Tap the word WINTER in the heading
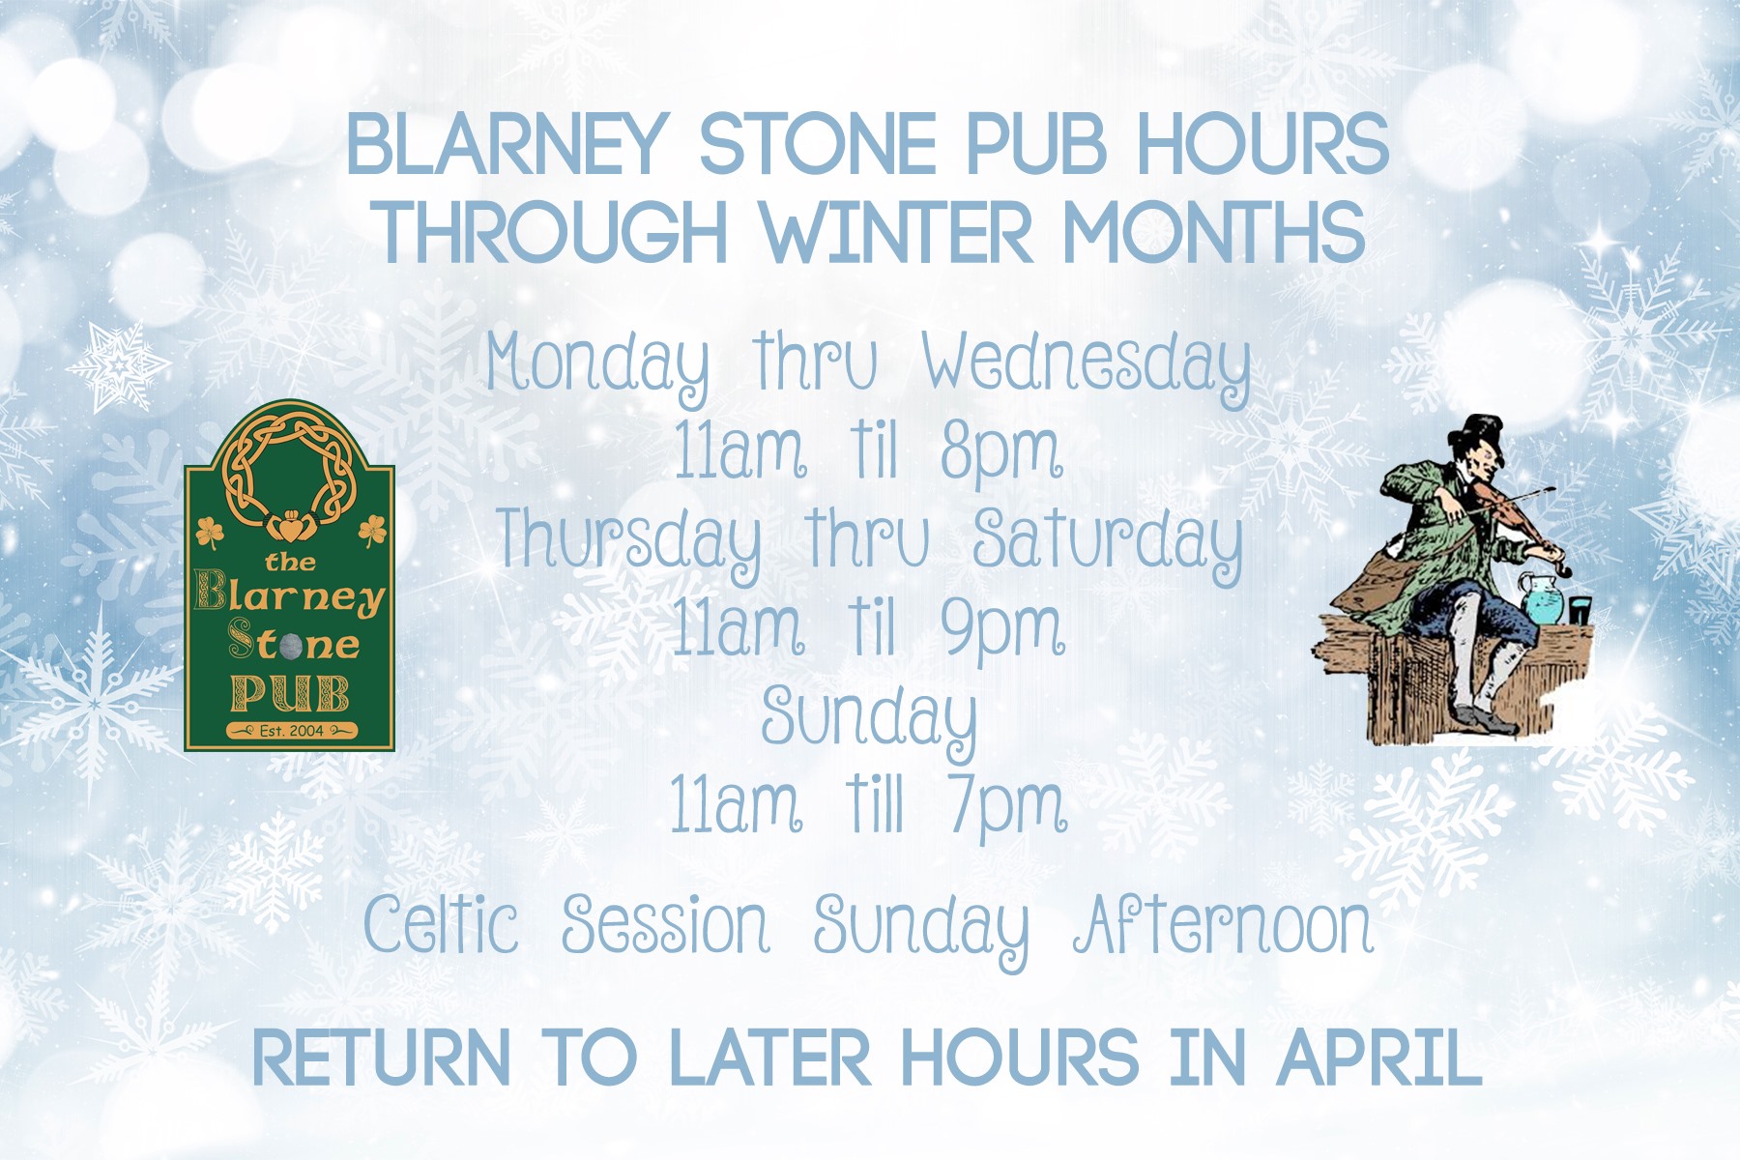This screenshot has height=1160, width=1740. (x=898, y=232)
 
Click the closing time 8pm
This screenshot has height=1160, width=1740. (x=1001, y=453)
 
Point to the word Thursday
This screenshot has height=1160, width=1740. (x=628, y=542)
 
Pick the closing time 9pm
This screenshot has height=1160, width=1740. (x=1002, y=629)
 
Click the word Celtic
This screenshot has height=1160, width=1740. (x=441, y=924)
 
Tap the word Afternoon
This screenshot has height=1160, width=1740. (x=1224, y=925)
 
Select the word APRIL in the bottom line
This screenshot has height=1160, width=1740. (x=1379, y=1058)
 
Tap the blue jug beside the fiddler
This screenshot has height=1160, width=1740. (x=1542, y=597)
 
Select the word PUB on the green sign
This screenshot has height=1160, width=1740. (x=290, y=693)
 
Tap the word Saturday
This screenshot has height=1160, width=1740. (x=1108, y=542)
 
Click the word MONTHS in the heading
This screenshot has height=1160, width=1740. (x=1215, y=232)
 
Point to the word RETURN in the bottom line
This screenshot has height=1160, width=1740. (x=382, y=1058)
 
